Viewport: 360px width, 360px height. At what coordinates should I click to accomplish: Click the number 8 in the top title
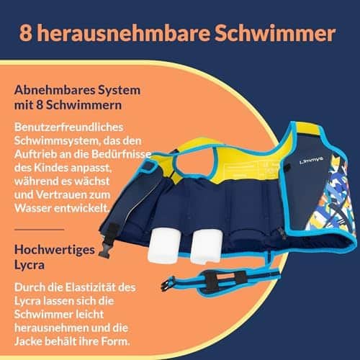click(26, 33)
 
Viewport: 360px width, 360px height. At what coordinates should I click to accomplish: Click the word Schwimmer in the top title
click(274, 33)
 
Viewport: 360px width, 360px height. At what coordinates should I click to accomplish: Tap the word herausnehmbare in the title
click(123, 33)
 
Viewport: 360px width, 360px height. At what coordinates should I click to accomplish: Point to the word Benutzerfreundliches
click(68, 127)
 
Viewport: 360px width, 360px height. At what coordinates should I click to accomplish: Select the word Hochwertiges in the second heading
click(55, 250)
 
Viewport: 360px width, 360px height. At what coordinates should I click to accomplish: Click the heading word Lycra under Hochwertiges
click(30, 265)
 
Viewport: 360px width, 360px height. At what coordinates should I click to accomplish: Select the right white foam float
click(207, 246)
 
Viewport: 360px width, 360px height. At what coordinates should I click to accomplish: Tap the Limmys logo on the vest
click(312, 160)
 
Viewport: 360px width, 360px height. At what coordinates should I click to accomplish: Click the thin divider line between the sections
click(40, 230)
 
